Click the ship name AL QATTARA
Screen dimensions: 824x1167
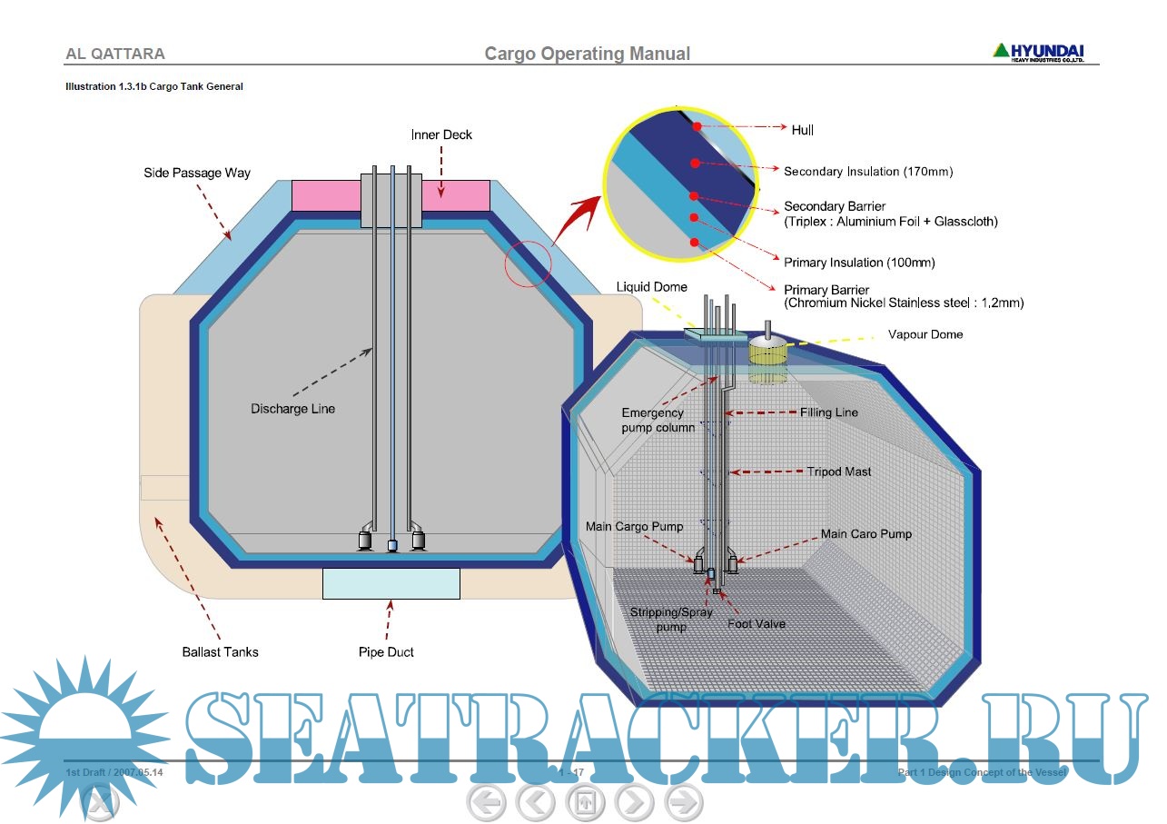115,54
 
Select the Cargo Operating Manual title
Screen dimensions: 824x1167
587,54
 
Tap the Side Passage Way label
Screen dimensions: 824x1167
197,173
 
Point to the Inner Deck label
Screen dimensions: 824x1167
441,134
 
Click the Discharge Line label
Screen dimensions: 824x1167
292,409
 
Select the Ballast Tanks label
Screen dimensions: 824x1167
220,652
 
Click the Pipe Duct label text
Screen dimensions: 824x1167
387,652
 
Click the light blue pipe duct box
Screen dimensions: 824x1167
391,583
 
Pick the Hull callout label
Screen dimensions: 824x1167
803,130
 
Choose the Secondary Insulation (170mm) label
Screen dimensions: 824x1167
868,172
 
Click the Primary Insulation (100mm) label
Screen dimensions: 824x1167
859,263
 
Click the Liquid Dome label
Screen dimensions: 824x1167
652,287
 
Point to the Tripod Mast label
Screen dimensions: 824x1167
839,472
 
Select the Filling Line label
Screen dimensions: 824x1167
829,412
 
